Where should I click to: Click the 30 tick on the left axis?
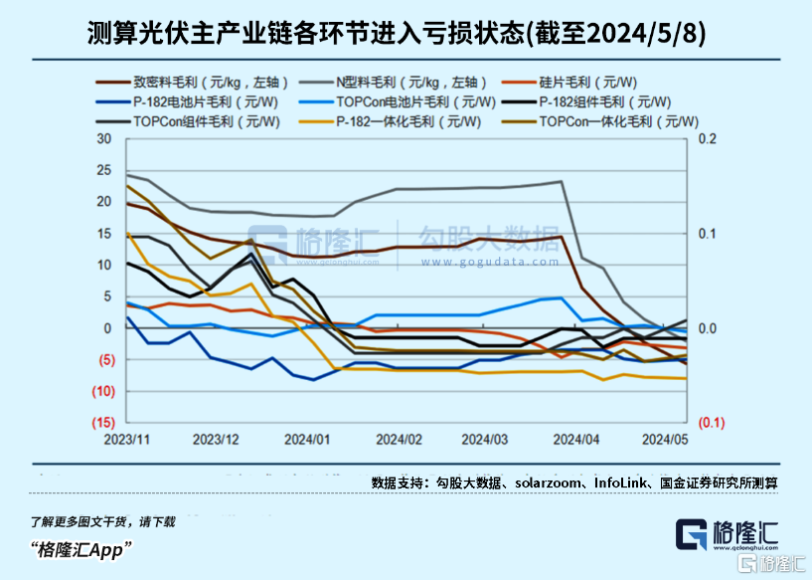[x=103, y=138]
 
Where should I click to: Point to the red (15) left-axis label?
[x=99, y=423]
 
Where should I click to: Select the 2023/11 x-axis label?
[x=127, y=439]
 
